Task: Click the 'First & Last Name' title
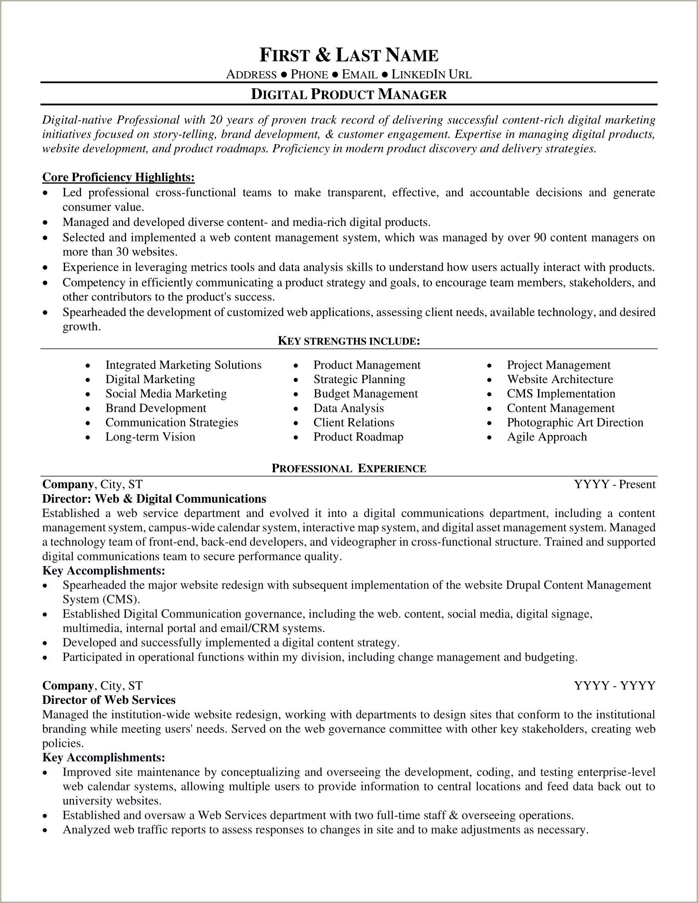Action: (349, 55)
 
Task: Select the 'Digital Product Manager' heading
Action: (349, 95)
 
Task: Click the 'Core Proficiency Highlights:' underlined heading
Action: (118, 177)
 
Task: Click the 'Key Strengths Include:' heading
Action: (349, 341)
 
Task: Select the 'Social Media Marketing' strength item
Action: (166, 394)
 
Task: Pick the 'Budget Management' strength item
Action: (365, 394)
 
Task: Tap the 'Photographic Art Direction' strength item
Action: (575, 422)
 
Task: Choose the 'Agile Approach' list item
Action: (546, 437)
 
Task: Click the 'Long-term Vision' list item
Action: (150, 437)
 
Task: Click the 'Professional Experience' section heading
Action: (349, 468)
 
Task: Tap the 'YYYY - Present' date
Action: (615, 484)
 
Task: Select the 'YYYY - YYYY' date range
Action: (615, 686)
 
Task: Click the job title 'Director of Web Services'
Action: (109, 700)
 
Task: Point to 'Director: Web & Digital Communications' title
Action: (154, 499)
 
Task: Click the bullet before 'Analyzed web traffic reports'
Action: (46, 830)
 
